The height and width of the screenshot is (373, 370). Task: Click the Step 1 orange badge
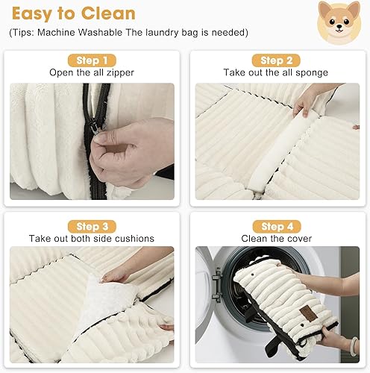(x=92, y=60)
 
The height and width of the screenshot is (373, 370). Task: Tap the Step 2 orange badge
(x=277, y=60)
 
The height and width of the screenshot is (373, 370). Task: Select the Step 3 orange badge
(x=92, y=226)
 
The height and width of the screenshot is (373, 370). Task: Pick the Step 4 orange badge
(x=277, y=226)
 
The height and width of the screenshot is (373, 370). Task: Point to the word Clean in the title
(x=110, y=14)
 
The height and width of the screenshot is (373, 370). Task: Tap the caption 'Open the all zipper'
(x=92, y=72)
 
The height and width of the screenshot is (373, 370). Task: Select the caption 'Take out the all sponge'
(x=277, y=72)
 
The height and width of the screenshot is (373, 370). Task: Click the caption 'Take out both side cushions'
(x=92, y=239)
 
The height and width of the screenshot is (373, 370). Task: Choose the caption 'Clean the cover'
(x=277, y=239)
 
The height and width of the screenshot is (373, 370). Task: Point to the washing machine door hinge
(x=216, y=286)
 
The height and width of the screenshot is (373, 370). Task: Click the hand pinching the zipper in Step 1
(x=131, y=149)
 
